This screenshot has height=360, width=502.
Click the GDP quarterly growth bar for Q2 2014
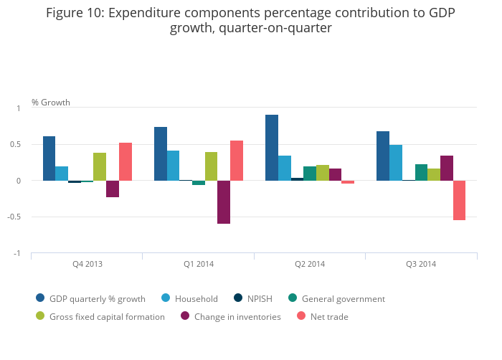pos(272,148)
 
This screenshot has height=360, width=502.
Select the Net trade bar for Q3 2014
pos(459,200)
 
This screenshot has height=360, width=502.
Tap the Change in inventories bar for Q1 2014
pos(224,202)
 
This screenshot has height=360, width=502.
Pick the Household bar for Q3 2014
pos(396,163)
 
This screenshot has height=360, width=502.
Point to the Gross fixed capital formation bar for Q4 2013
pos(100,166)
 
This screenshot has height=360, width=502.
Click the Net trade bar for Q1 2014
pos(237,161)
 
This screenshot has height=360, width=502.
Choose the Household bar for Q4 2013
pos(62,174)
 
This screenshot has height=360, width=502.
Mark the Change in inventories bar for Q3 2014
pos(447,168)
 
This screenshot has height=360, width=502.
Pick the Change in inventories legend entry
pos(237,316)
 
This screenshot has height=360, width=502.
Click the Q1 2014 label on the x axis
pos(199,264)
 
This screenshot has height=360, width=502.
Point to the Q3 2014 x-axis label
pos(421,264)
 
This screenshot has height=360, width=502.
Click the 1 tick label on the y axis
pos(19,108)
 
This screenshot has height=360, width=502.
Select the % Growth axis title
pos(51,103)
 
